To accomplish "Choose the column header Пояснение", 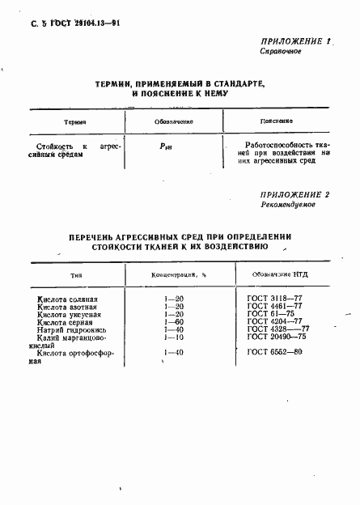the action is point(276,121).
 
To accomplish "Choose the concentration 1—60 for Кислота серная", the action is point(173,322).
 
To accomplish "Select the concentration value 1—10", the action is point(173,337).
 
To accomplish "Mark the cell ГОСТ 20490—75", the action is point(277,337).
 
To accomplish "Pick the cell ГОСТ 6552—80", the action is point(274,354).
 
